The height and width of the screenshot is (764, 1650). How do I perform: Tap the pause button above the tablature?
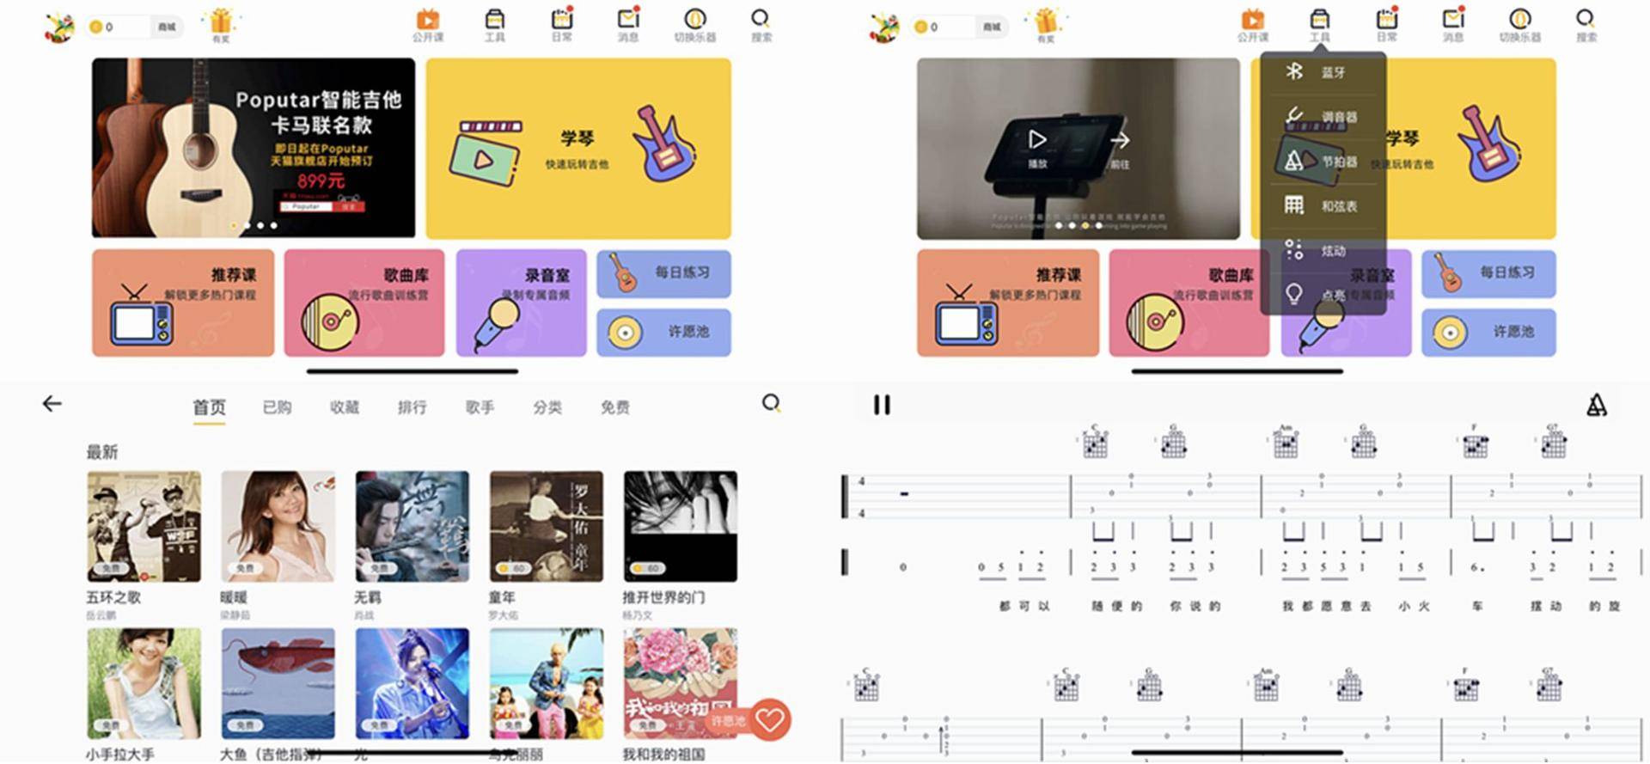click(x=882, y=405)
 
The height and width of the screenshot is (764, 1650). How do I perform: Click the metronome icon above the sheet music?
click(x=1596, y=406)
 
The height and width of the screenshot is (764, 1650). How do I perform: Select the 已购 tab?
click(x=277, y=407)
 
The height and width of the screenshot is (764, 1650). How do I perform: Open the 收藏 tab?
click(x=345, y=407)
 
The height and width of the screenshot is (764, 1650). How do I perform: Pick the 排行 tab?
click(x=412, y=407)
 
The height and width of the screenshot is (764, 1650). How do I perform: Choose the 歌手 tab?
click(x=480, y=407)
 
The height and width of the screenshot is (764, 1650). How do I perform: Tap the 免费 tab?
click(x=614, y=407)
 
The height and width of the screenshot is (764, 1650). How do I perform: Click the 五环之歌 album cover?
click(x=144, y=526)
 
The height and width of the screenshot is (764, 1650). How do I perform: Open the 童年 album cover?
click(x=546, y=526)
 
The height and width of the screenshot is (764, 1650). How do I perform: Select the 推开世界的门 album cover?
click(x=680, y=526)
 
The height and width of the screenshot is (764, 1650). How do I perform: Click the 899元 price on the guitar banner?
click(x=321, y=181)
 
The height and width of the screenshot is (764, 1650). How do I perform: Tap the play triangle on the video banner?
click(x=1037, y=139)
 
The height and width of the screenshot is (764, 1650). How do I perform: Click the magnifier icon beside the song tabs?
click(x=771, y=403)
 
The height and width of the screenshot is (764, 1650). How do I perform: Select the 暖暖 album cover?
click(x=278, y=526)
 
